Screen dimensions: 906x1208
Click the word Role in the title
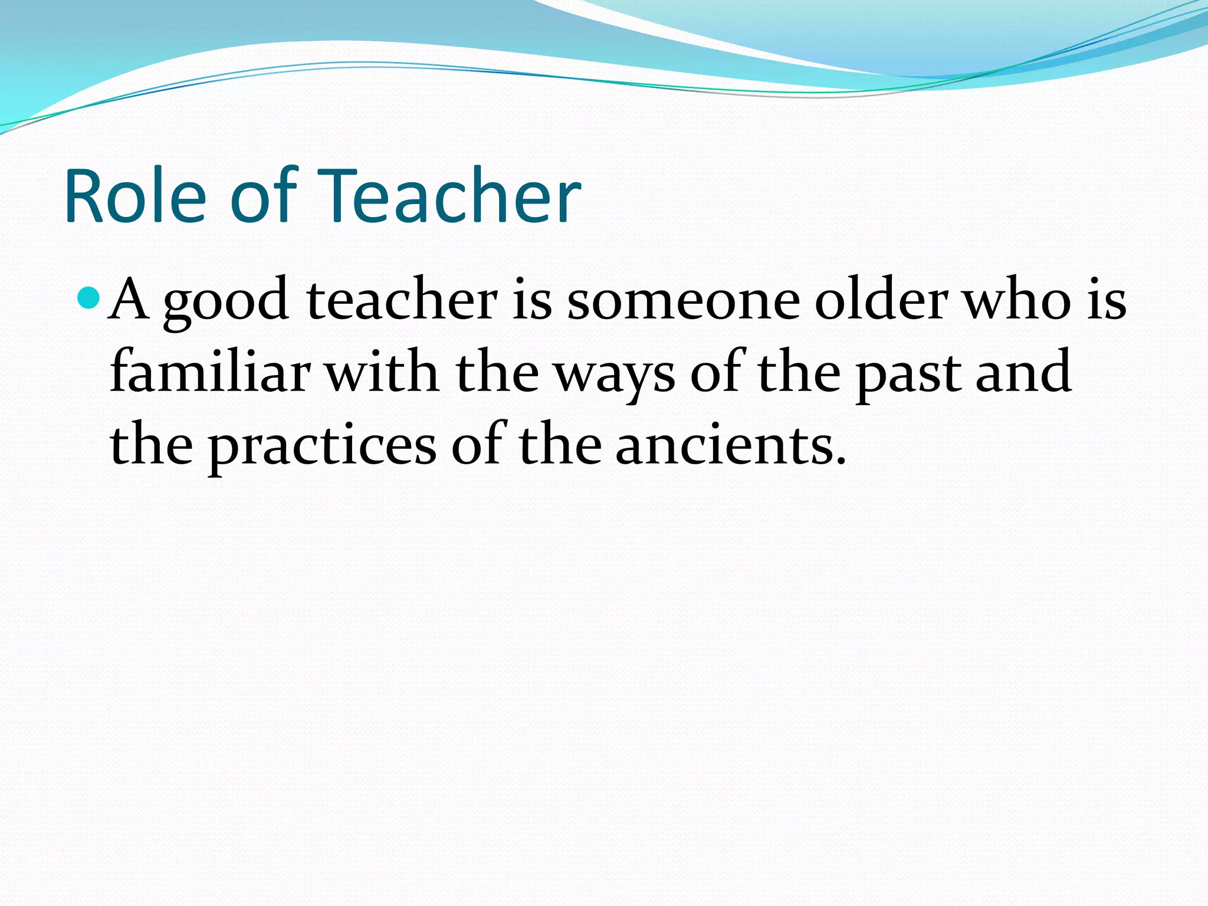tap(135, 196)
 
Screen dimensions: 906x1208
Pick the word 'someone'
tap(683, 301)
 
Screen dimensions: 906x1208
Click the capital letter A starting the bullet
tap(129, 300)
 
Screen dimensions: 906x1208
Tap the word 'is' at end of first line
tap(1107, 301)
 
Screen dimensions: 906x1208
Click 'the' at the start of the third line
tap(151, 445)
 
